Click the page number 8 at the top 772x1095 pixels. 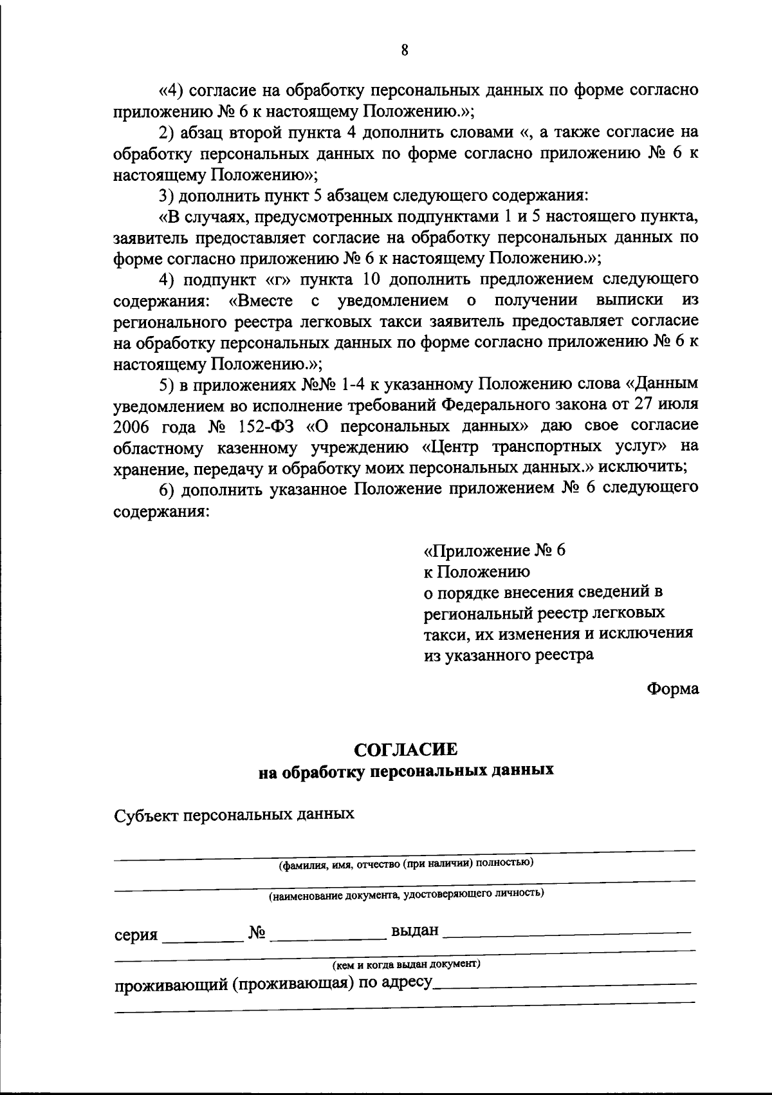coord(404,50)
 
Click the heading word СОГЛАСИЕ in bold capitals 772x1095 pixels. coord(406,749)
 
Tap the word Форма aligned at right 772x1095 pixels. coord(672,688)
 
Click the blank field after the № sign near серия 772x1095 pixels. coord(327,934)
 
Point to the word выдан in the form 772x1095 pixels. coord(414,930)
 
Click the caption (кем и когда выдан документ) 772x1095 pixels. coord(406,964)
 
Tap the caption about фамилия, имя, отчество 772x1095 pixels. coord(405,863)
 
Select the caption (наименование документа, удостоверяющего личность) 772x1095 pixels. coord(406,894)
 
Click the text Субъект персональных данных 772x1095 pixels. coord(234,814)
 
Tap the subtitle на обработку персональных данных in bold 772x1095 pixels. coord(406,771)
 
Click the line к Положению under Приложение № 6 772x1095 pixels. coord(476,571)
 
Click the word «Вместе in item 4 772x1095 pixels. coord(261,300)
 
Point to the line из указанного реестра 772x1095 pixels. coord(508,655)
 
